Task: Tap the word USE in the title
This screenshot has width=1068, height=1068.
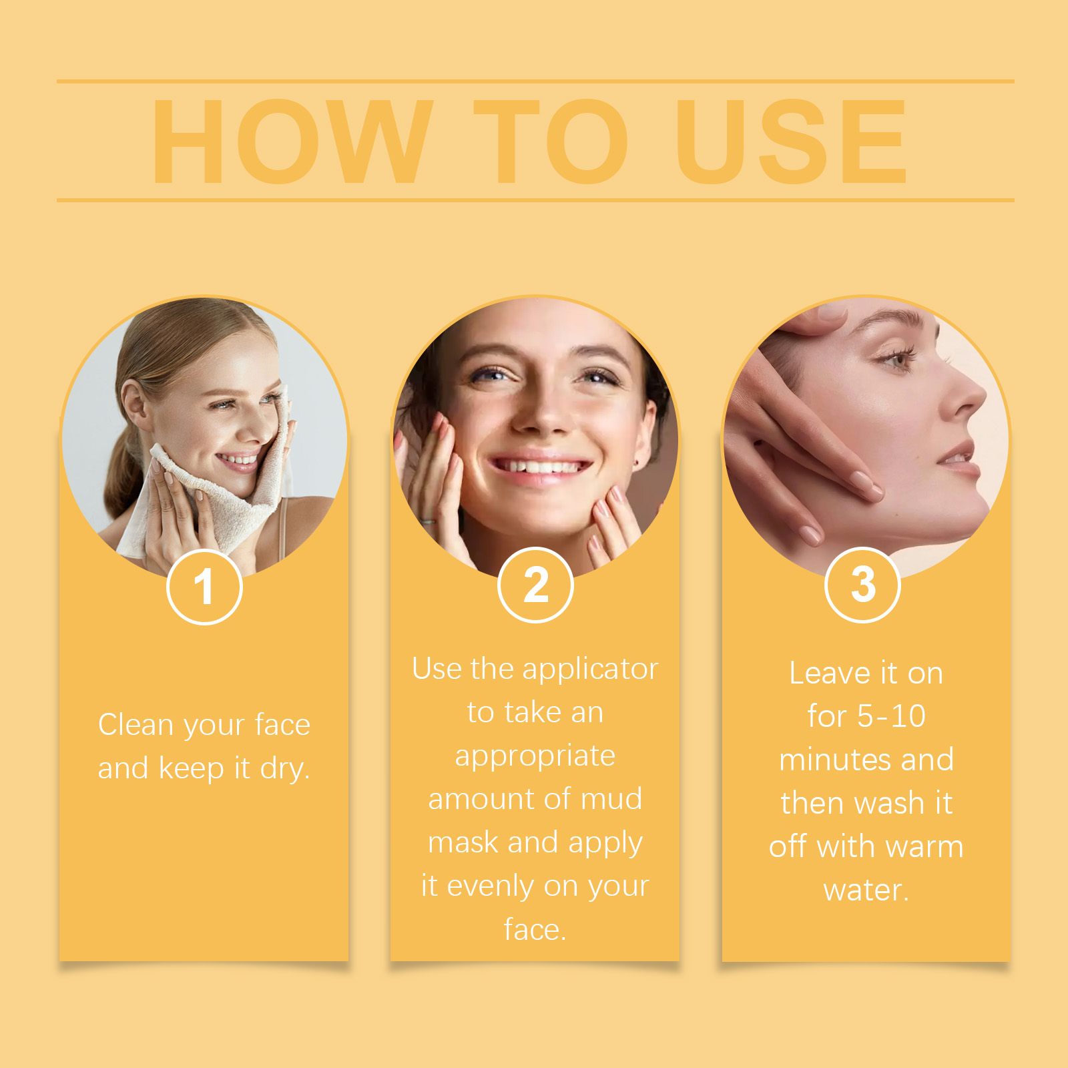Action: [x=791, y=141]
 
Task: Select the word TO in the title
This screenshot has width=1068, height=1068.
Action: [x=551, y=141]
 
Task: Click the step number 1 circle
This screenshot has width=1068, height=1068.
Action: [x=204, y=587]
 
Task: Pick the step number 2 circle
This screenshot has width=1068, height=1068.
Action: [x=535, y=585]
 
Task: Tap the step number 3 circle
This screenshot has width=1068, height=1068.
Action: [x=862, y=585]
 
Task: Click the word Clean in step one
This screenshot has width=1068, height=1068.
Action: [x=136, y=724]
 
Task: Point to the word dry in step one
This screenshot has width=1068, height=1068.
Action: [x=285, y=769]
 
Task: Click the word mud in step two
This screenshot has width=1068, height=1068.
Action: [x=611, y=799]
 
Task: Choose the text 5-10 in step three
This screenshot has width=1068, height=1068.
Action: [x=891, y=716]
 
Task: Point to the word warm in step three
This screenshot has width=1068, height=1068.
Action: [x=924, y=847]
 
